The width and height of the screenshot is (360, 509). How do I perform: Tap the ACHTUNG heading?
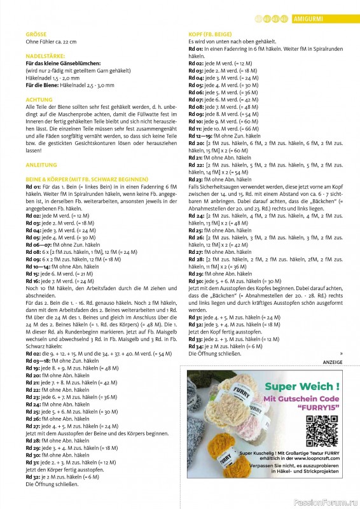(39, 100)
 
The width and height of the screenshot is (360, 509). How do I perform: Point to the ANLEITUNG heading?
(41, 164)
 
